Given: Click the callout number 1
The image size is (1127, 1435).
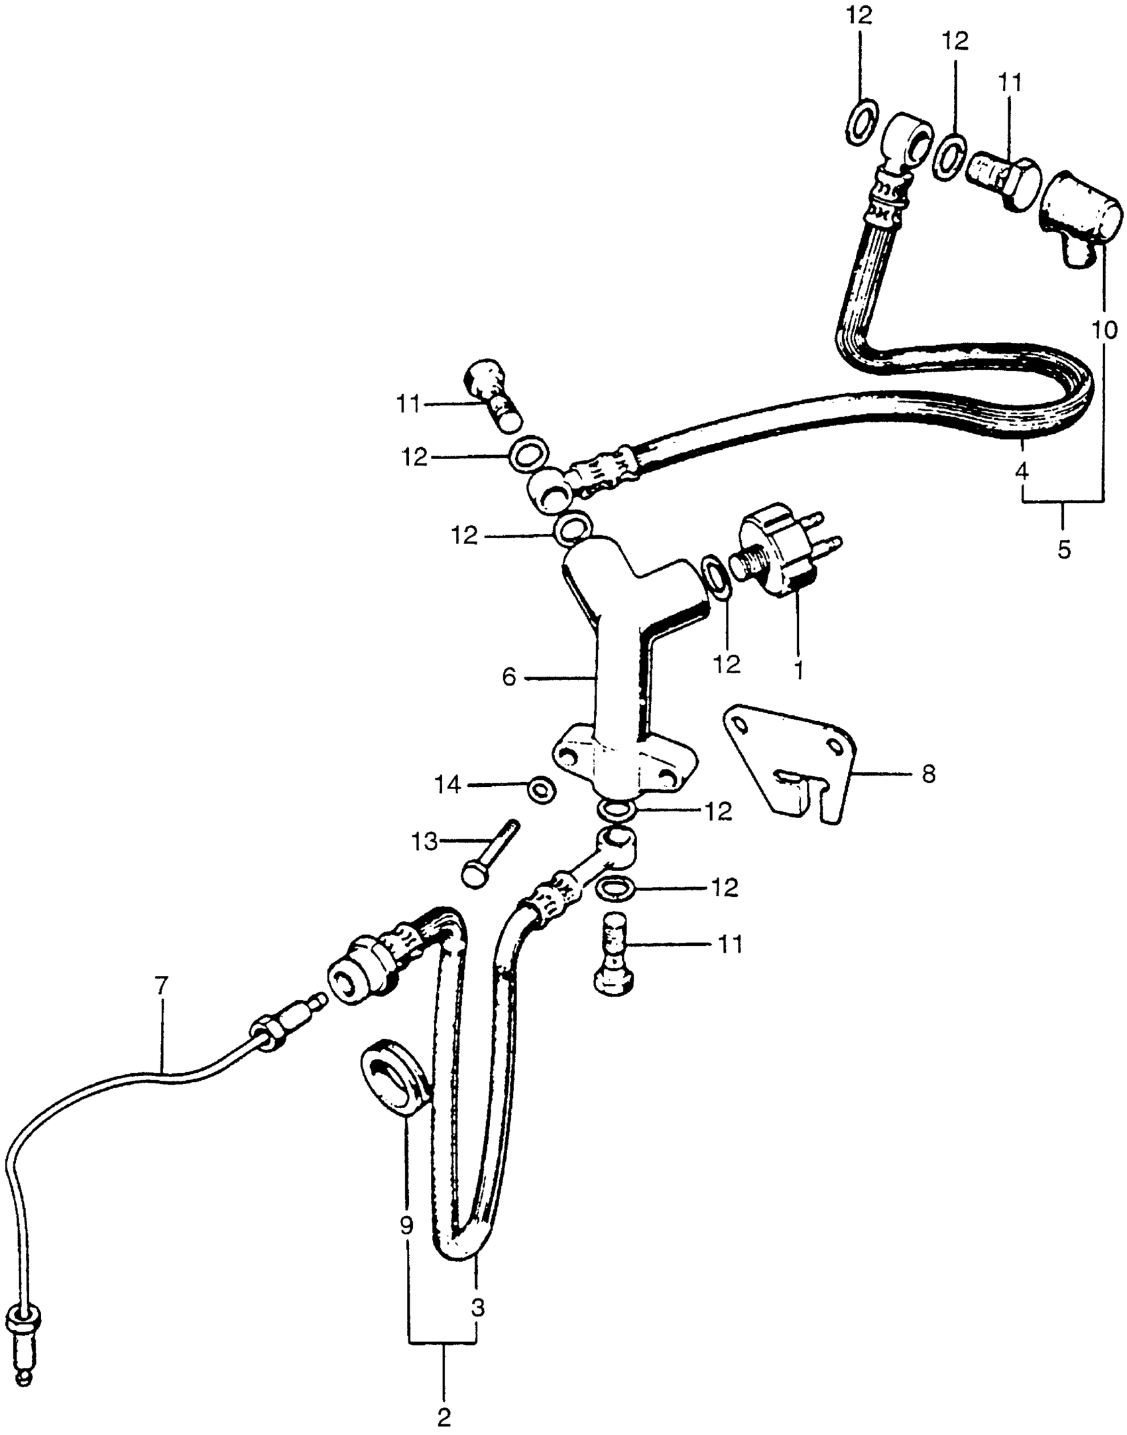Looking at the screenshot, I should coord(799,669).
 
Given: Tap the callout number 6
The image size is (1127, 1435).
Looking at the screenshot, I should coord(508,677).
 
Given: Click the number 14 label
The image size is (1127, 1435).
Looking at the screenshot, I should coord(447,786).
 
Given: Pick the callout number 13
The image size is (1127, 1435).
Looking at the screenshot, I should coord(424,842).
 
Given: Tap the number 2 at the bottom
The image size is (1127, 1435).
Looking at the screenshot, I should coord(444,1417).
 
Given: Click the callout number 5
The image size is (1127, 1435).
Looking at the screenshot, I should coord(1063,549).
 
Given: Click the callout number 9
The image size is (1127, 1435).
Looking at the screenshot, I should coord(406,1226).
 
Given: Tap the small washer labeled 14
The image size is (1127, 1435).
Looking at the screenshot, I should coord(542,789).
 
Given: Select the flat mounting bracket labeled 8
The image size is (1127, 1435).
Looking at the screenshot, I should coord(796,763).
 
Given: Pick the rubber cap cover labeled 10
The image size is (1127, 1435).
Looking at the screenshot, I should coord(1082,218).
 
